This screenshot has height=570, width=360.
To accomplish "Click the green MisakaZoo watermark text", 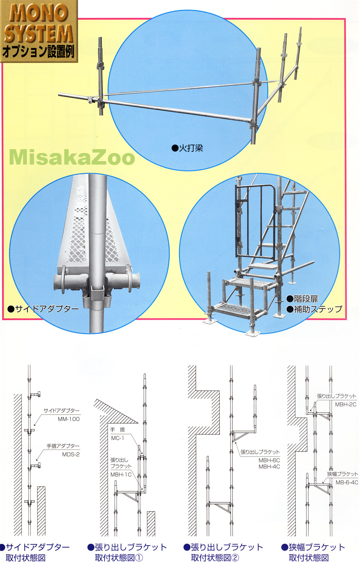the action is [72, 158].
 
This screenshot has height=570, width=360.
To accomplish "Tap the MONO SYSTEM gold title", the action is [39, 24].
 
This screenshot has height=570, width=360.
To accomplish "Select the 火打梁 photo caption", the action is [188, 148].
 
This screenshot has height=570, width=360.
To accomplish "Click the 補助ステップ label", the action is [315, 309].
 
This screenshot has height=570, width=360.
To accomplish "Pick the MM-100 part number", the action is [69, 419].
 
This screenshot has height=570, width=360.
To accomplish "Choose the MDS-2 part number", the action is [71, 454].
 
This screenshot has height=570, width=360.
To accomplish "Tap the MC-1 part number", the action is [117, 438].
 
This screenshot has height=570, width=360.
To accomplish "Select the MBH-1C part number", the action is [121, 474].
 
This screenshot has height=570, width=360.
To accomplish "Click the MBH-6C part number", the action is [269, 460].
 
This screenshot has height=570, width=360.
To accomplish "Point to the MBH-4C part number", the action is [269, 467].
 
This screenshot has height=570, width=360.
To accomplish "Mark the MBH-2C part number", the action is [346, 405].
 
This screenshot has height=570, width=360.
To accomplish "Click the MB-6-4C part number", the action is [347, 483].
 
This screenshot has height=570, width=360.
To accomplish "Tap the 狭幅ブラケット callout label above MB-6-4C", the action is [342, 474].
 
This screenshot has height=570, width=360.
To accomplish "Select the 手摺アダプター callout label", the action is [63, 446].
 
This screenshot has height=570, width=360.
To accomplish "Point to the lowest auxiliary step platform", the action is [237, 310].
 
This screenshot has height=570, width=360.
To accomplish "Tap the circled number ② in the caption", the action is [235, 558].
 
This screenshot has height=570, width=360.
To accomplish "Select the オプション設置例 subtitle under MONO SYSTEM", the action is [39, 52].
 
